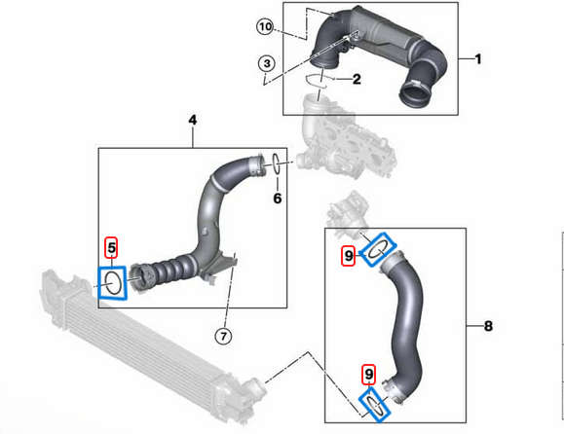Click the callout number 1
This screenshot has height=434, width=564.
tap(477, 59)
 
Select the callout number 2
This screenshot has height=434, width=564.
tap(357, 79)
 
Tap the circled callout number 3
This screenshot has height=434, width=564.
tap(266, 64)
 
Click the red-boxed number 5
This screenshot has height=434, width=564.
tap(112, 249)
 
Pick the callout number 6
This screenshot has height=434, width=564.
tap(277, 199)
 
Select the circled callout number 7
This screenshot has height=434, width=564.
tap(222, 337)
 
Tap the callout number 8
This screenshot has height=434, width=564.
tap(487, 327)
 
